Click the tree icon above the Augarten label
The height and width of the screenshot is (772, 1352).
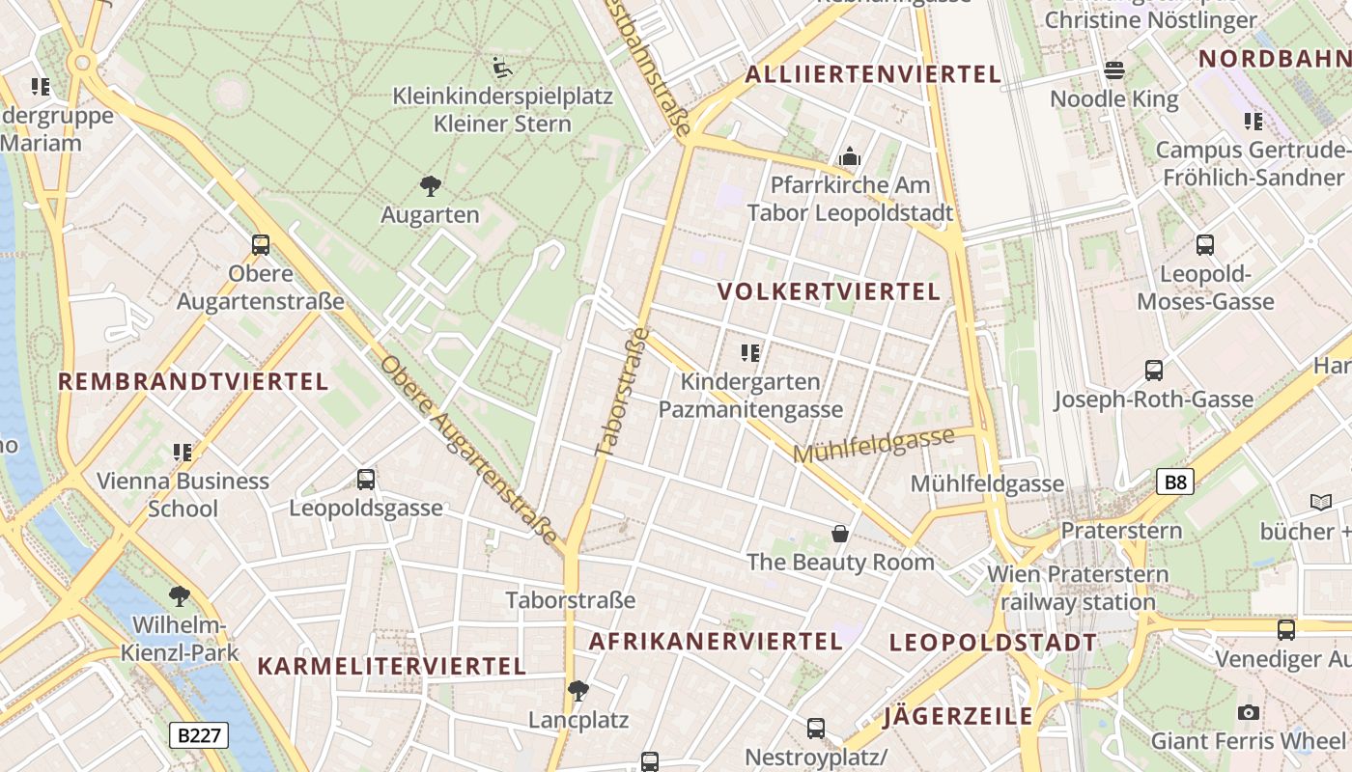coord(431,185)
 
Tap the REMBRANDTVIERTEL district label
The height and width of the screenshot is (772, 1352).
coord(193,381)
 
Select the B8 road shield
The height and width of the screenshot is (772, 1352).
coord(1174,482)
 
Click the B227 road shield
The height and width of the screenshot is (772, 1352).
coord(200,735)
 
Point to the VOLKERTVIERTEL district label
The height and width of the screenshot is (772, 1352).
coord(830,292)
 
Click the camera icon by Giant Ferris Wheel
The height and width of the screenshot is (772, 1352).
coord(1248,712)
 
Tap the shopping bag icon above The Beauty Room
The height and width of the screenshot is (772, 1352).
coord(840,534)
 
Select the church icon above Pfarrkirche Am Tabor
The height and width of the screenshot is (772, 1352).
coord(850,156)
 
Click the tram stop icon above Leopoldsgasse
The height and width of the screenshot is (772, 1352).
coord(365,479)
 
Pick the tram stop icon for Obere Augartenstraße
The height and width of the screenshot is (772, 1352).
coord(261,245)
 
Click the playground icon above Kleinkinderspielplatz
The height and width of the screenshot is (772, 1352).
coord(502,68)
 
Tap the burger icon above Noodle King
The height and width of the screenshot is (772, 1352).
coord(1114,69)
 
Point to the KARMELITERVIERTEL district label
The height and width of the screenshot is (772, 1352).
coord(392,666)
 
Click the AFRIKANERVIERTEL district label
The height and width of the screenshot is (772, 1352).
coord(716,642)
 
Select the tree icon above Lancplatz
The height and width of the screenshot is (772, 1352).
coord(578,690)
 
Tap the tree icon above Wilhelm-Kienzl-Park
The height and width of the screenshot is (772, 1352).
coord(179,595)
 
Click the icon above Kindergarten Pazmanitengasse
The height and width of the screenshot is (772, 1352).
coord(750,353)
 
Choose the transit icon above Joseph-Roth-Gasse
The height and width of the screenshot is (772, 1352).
coord(1153,371)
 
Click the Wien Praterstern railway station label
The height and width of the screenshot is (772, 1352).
coord(1078,588)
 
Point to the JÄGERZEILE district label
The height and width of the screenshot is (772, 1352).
coord(958,716)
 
